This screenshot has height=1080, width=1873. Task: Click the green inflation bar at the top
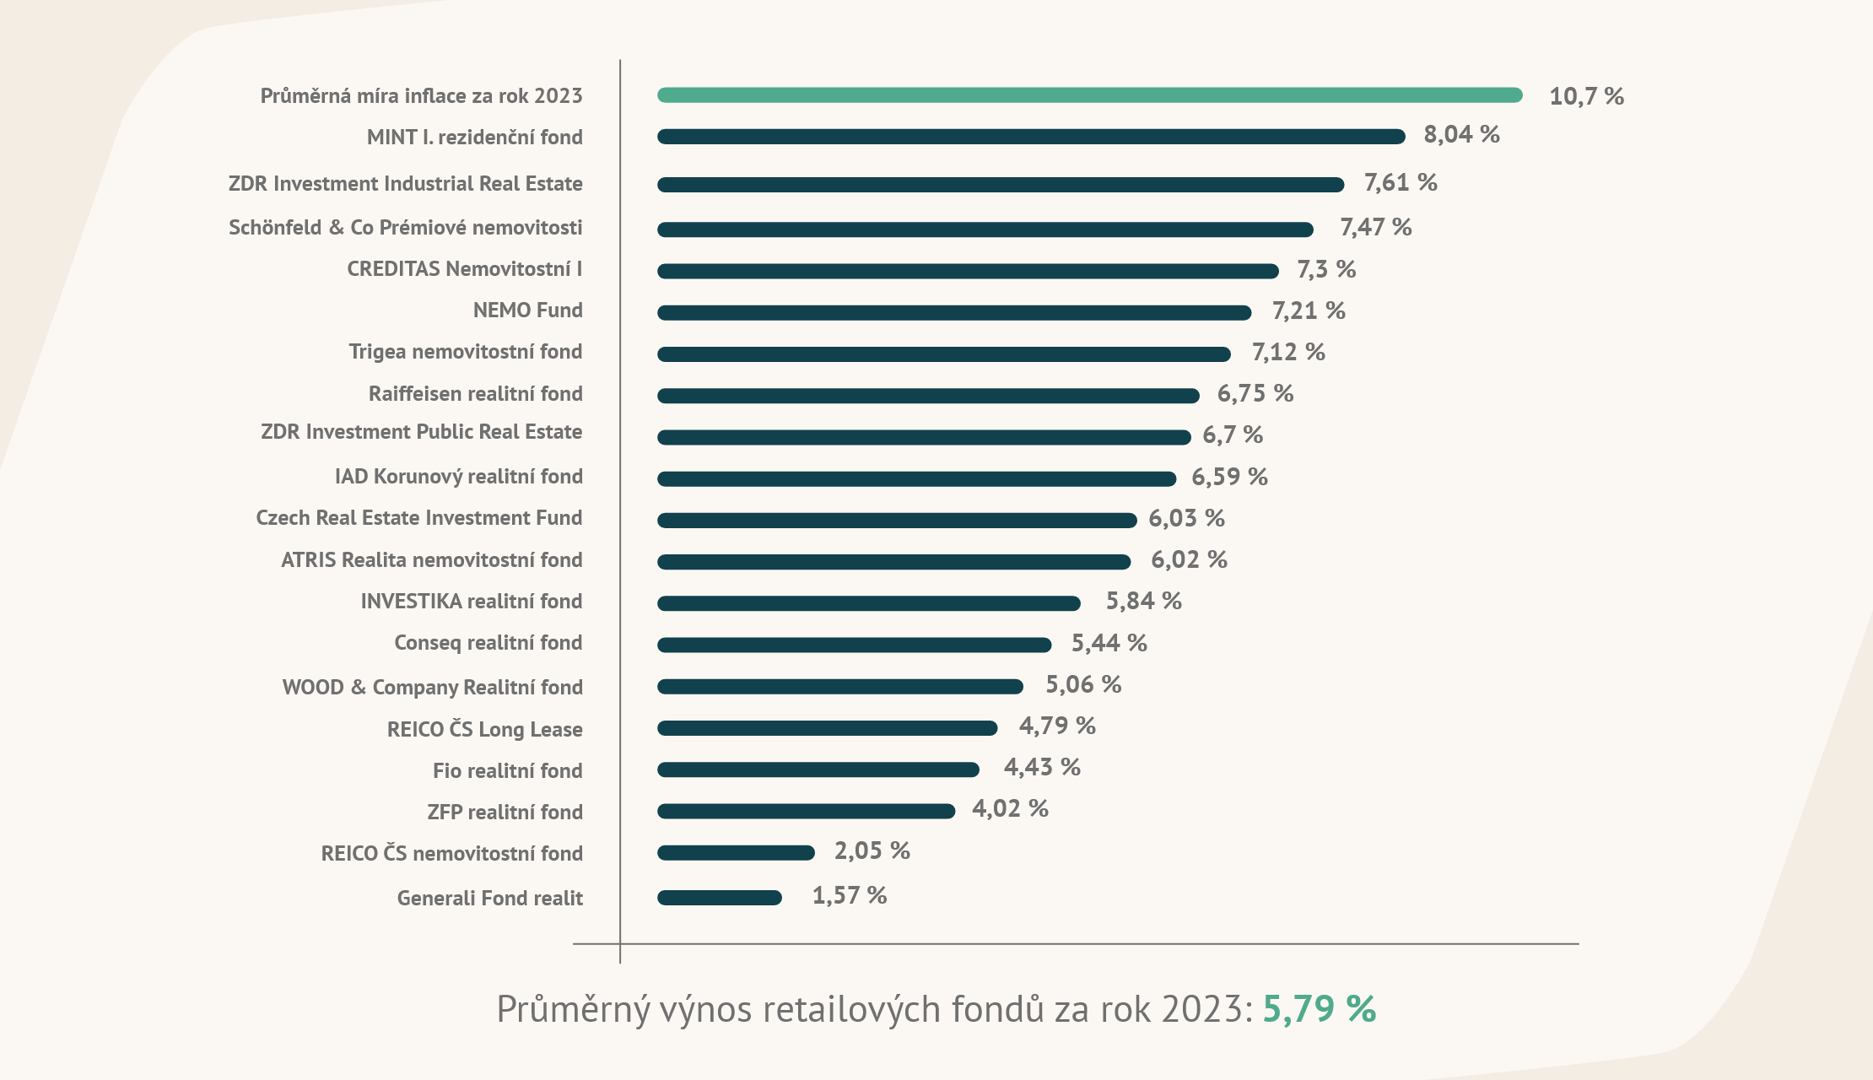click(x=1088, y=95)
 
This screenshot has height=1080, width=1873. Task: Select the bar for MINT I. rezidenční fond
click(x=1029, y=137)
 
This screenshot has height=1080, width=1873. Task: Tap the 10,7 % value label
click(x=1586, y=96)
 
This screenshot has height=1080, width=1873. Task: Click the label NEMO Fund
click(x=527, y=310)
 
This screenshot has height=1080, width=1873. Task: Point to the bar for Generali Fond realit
click(x=719, y=898)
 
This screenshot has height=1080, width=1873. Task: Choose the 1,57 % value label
click(x=849, y=895)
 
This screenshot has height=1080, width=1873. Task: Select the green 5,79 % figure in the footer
click(x=1319, y=1009)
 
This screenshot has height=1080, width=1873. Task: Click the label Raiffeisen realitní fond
click(x=475, y=394)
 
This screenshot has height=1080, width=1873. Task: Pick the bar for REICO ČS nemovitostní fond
click(x=736, y=853)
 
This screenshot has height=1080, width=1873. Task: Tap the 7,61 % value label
click(x=1401, y=182)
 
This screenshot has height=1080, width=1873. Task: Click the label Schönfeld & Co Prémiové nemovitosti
click(x=405, y=228)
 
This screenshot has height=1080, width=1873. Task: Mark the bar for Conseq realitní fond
click(x=854, y=645)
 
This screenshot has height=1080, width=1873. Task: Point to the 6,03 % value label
click(x=1186, y=518)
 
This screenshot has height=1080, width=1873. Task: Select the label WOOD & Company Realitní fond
click(x=432, y=688)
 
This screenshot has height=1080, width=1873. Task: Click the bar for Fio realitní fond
click(x=818, y=769)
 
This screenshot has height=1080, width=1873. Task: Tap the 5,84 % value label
click(x=1143, y=601)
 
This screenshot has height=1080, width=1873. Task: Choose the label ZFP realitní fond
click(x=505, y=813)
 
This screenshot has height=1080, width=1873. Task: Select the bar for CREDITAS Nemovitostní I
click(x=967, y=271)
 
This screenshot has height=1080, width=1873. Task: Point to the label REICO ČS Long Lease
click(x=484, y=730)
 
